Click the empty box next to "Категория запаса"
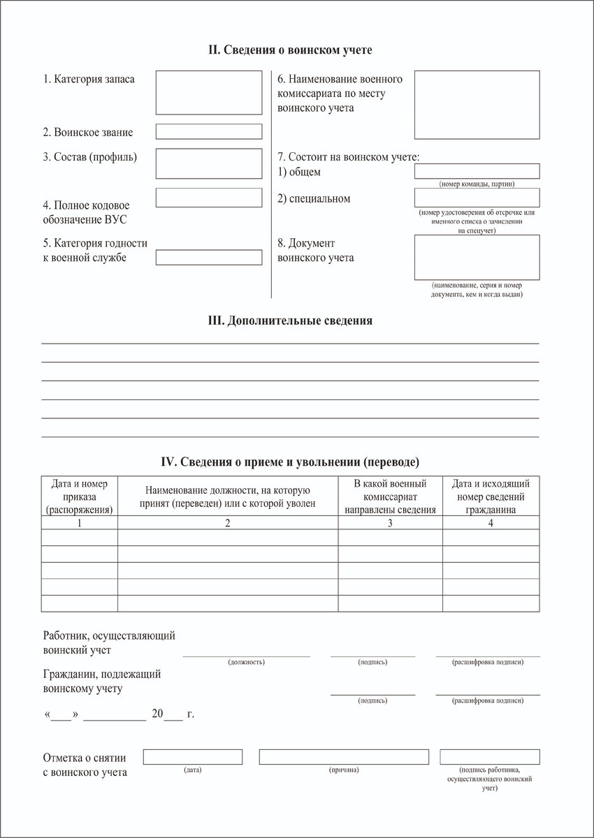pos(208,92)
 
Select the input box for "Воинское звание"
pos(208,131)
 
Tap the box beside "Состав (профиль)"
pos(208,163)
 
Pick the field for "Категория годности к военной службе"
pos(208,257)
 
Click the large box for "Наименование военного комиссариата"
pos(477,105)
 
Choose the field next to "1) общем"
pos(477,171)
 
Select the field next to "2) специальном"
pos(477,198)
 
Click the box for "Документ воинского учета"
pos(477,257)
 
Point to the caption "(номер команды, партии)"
pos(477,184)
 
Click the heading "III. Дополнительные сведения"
pos(290,321)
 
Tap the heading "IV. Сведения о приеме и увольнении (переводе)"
pos(290,462)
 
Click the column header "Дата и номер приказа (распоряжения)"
pos(80,496)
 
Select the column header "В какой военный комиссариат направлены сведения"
pos(390,496)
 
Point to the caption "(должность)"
pos(246,661)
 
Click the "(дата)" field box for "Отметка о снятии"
pos(193,756)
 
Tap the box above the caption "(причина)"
pos(344,756)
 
